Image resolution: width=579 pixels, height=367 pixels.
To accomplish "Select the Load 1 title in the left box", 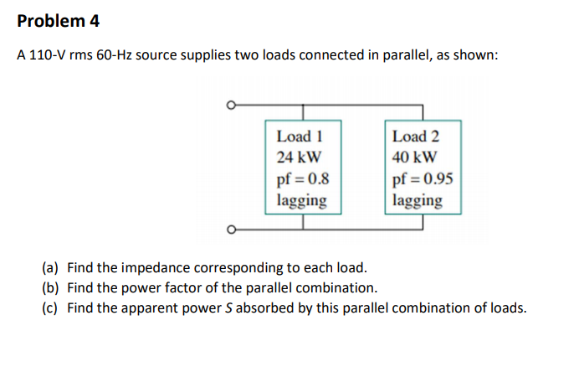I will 299,136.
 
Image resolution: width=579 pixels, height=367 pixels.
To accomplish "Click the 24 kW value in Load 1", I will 297,157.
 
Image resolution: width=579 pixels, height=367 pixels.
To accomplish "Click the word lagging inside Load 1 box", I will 301,200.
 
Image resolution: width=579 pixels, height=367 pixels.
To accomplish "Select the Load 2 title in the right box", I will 415,136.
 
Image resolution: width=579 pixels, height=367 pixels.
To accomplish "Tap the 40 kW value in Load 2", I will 413,157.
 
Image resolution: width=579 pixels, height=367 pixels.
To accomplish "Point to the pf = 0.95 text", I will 423,178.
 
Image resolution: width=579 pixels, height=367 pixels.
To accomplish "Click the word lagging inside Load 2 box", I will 418,200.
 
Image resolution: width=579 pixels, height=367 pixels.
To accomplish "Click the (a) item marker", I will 51,268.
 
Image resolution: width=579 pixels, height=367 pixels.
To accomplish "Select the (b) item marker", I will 51,287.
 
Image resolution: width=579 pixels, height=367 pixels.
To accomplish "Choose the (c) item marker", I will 51,308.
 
